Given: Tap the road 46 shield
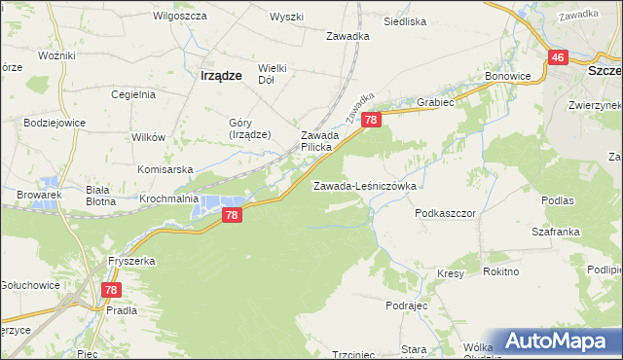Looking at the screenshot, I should (x=557, y=58).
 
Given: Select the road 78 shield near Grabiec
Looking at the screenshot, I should (x=371, y=119).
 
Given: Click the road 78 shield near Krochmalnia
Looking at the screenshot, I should (x=231, y=215).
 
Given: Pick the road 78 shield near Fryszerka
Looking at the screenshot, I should (x=111, y=290).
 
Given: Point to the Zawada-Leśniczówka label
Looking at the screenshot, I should (x=365, y=185).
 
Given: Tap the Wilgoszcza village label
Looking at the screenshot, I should (x=178, y=17).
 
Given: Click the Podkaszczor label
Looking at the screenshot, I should (x=444, y=211).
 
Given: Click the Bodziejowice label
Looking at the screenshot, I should (x=55, y=127).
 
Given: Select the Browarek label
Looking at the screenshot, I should (x=39, y=195).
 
